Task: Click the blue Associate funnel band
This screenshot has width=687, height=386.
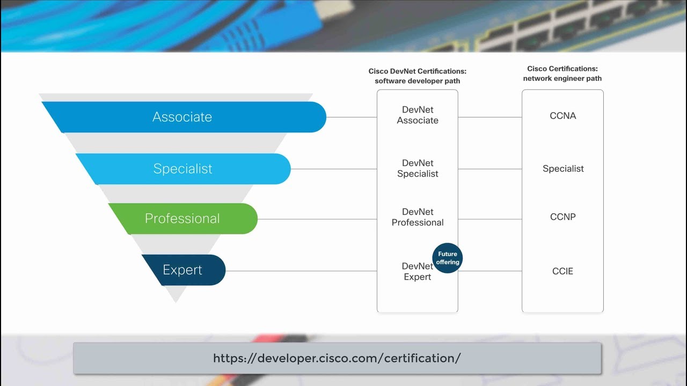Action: coord(182,117)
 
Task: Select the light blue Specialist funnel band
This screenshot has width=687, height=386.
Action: coord(182,169)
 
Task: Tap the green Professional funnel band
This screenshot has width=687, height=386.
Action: coord(182,219)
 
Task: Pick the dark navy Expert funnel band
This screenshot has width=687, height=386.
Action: coord(182,270)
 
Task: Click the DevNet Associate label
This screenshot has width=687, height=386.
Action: coord(418,115)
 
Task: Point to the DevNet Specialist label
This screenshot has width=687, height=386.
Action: coord(418,168)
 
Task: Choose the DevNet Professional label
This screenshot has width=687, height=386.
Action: coord(418,217)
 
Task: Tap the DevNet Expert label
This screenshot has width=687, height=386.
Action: coord(417,271)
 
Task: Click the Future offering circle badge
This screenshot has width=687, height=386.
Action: coord(448,258)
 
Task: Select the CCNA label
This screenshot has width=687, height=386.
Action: coord(562,116)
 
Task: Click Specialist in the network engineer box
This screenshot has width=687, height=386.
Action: coord(563,169)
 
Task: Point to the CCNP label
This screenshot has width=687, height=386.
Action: coord(562,217)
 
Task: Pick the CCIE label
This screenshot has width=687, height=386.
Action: coord(562,271)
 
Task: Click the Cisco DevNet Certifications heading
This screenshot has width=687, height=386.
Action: coord(417,76)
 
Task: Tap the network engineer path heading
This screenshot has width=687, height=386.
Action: coord(562,73)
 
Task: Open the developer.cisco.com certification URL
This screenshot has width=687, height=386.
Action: coord(337,358)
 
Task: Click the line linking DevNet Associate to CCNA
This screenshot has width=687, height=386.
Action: coord(489,117)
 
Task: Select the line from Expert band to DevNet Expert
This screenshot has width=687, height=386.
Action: coord(301,271)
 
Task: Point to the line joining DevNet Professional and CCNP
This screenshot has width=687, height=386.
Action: coord(489,219)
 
